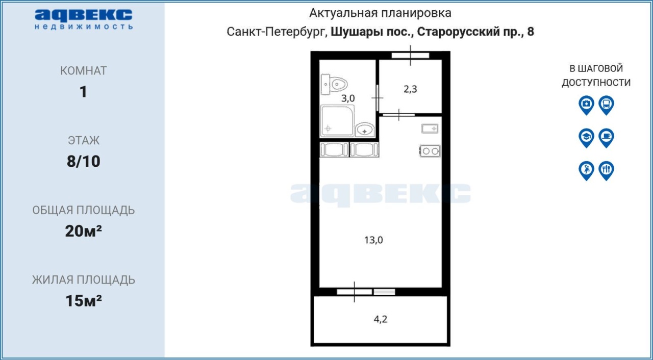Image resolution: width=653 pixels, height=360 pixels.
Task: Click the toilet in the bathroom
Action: point(334,85)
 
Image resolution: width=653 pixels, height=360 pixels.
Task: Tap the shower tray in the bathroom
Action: point(337,120)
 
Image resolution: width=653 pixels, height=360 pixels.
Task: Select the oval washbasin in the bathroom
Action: point(365,129)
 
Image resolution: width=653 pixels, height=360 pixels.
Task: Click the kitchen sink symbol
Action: point(430,128)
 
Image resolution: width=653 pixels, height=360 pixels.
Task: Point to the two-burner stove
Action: point(430,151)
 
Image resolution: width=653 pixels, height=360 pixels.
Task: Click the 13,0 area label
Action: point(373,240)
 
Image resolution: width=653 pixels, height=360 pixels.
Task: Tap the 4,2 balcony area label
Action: point(381,319)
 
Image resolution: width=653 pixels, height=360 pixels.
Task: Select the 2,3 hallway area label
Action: point(410,89)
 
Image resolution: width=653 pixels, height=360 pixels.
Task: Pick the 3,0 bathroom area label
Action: point(348,98)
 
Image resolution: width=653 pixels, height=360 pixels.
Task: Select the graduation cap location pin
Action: point(586,138)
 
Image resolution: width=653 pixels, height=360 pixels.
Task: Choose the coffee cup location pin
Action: point(607,138)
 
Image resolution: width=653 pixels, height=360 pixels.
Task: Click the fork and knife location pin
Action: point(607,170)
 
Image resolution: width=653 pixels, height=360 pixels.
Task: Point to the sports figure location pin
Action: point(586,170)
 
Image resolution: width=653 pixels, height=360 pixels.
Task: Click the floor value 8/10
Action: point(83,161)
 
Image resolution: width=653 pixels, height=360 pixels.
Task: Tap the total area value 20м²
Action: point(83,231)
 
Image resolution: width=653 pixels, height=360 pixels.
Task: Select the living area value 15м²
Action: point(83,300)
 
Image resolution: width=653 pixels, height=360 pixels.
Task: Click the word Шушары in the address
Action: point(357,32)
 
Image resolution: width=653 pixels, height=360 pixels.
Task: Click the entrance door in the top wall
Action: point(410,56)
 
